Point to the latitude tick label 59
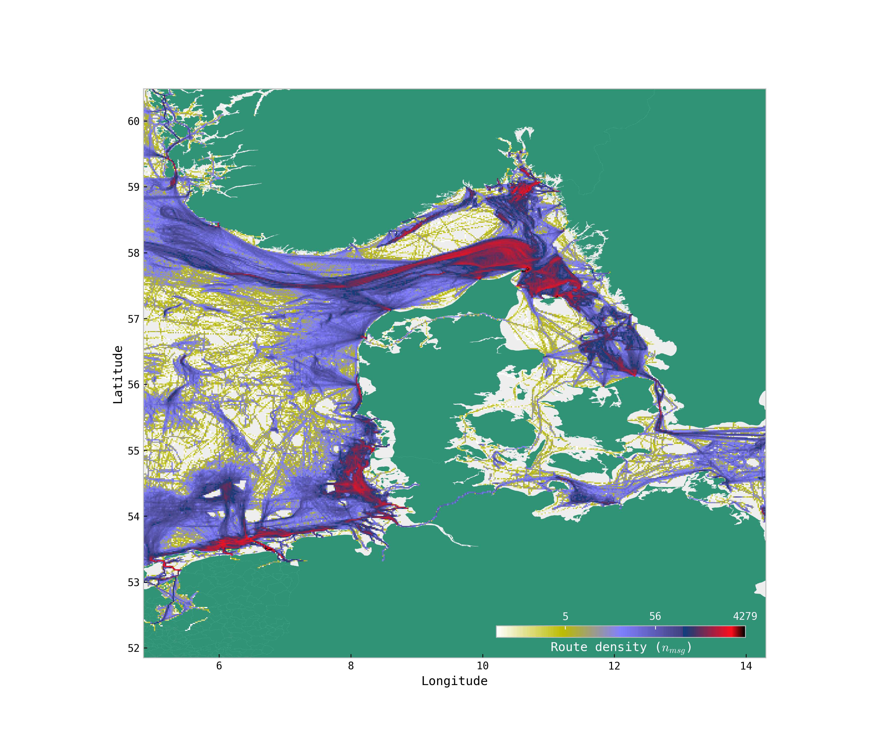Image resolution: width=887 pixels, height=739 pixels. (x=134, y=187)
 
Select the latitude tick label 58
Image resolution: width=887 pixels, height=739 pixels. (x=134, y=253)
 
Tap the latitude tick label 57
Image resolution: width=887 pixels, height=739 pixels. (x=134, y=319)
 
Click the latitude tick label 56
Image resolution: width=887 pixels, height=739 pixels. (x=134, y=385)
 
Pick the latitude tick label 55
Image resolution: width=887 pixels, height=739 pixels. (x=134, y=451)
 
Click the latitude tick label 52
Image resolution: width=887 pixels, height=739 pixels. (x=134, y=648)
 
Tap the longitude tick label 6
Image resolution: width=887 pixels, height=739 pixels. (x=219, y=666)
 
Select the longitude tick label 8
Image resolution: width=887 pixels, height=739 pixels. (x=351, y=666)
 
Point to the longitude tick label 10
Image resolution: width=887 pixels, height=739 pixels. (x=482, y=666)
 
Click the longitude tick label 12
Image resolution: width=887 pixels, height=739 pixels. (x=614, y=666)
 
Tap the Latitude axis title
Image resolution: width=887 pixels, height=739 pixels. (x=118, y=374)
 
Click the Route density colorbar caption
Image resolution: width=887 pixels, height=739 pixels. (x=621, y=647)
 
